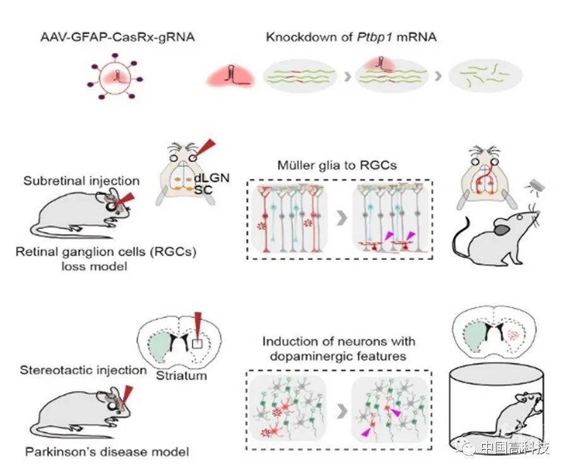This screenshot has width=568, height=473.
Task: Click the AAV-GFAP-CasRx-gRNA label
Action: [117, 37]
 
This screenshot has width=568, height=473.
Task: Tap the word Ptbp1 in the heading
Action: [374, 37]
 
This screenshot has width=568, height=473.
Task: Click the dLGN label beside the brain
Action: [212, 178]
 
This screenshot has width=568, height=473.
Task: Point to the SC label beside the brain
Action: [203, 189]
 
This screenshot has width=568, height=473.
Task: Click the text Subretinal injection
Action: [81, 180]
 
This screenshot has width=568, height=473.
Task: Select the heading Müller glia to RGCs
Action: [337, 165]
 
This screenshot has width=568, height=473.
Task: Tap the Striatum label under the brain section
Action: [182, 376]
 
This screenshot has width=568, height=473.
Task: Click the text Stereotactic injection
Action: [83, 370]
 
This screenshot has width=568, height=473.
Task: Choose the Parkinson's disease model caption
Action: [107, 452]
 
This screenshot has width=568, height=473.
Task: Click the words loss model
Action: [94, 267]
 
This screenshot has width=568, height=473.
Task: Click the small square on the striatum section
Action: [197, 344]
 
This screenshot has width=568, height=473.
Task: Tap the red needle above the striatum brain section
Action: [198, 325]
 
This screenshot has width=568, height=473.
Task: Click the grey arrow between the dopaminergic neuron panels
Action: [342, 411]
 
